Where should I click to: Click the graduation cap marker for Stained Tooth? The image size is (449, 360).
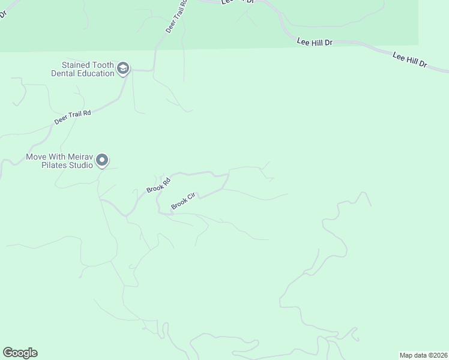123,68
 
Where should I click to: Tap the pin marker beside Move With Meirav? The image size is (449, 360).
102,160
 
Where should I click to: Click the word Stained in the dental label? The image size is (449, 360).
76,65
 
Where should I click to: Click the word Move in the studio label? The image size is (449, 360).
36,157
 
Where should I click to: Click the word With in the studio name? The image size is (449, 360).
56,157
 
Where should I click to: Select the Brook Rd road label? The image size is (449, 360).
158,185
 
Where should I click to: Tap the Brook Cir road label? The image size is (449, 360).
184,201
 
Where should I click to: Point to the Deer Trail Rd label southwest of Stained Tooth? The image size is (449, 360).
72,117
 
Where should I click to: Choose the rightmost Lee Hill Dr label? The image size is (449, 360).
409,59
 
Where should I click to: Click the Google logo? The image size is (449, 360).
20,353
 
